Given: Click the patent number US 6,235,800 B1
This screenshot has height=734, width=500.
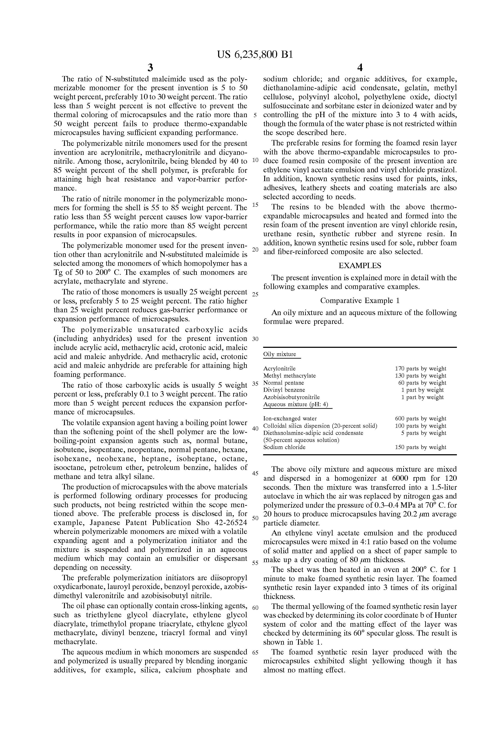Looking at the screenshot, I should click(255, 55).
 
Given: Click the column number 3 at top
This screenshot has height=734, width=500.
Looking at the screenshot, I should click(150, 68).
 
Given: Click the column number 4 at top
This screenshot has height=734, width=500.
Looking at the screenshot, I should click(360, 68).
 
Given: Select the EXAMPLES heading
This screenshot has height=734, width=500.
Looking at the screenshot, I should click(360, 266).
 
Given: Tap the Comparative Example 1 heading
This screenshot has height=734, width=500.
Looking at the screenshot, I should click(360, 300).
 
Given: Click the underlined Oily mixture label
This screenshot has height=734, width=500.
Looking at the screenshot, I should click(280, 354).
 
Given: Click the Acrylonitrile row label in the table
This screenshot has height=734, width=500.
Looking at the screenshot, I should click(279, 369).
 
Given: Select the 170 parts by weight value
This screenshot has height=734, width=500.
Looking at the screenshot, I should click(420, 369).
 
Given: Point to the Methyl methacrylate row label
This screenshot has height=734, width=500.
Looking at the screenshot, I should click(289, 376).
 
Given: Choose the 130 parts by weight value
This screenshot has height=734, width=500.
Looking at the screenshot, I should click(420, 376).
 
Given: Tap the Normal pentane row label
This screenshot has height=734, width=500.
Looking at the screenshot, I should click(283, 383).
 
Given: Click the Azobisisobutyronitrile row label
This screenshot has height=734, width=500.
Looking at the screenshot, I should click(291, 397).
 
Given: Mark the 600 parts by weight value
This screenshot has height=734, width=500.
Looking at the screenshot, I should click(420, 419).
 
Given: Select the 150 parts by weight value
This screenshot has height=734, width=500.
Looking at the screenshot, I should click(420, 447).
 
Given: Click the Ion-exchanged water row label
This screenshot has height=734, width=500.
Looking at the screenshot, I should click(290, 419).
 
